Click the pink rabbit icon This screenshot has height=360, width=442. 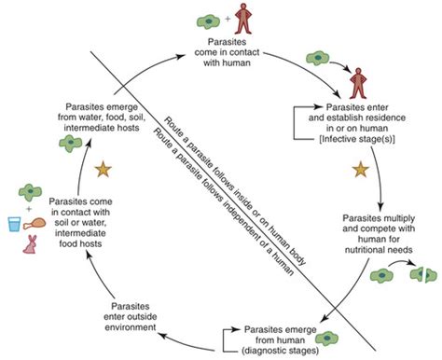point(30,244)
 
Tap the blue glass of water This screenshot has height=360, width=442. point(14,225)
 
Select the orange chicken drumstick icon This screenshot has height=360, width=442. point(35,224)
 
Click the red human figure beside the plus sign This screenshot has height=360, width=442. point(243,19)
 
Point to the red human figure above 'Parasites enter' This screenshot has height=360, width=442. point(358,83)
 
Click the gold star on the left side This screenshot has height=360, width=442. point(103,170)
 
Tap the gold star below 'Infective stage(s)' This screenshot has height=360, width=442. point(361,170)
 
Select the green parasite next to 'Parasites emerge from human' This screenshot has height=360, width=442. point(326,338)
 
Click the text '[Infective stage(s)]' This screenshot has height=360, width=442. point(357,139)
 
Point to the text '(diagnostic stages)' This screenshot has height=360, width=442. point(281,351)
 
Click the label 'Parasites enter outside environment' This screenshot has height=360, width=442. point(131,317)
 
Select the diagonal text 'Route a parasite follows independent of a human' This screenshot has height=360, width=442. point(223,201)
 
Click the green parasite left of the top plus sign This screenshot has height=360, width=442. point(209,21)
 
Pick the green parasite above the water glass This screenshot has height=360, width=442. point(30,192)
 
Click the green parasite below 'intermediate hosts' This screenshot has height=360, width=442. point(71,144)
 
